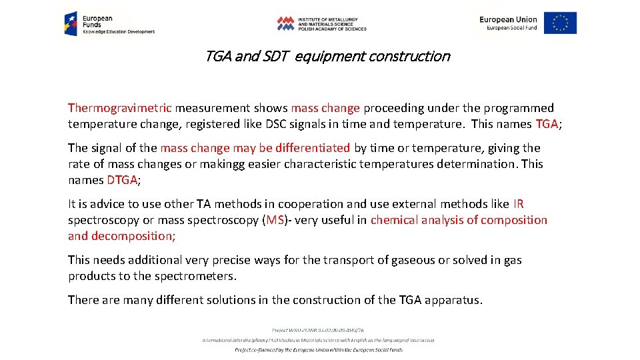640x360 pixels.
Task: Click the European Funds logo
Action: tap(109, 23)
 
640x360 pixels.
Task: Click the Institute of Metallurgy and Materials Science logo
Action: tap(321, 23)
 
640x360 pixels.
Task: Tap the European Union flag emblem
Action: tap(560, 23)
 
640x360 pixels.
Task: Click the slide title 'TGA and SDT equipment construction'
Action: tap(327, 57)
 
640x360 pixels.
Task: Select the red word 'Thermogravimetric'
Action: tap(120, 108)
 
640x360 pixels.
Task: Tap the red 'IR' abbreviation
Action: tap(519, 204)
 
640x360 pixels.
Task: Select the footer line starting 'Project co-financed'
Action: tap(319, 349)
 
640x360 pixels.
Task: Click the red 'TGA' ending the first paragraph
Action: tap(547, 124)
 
